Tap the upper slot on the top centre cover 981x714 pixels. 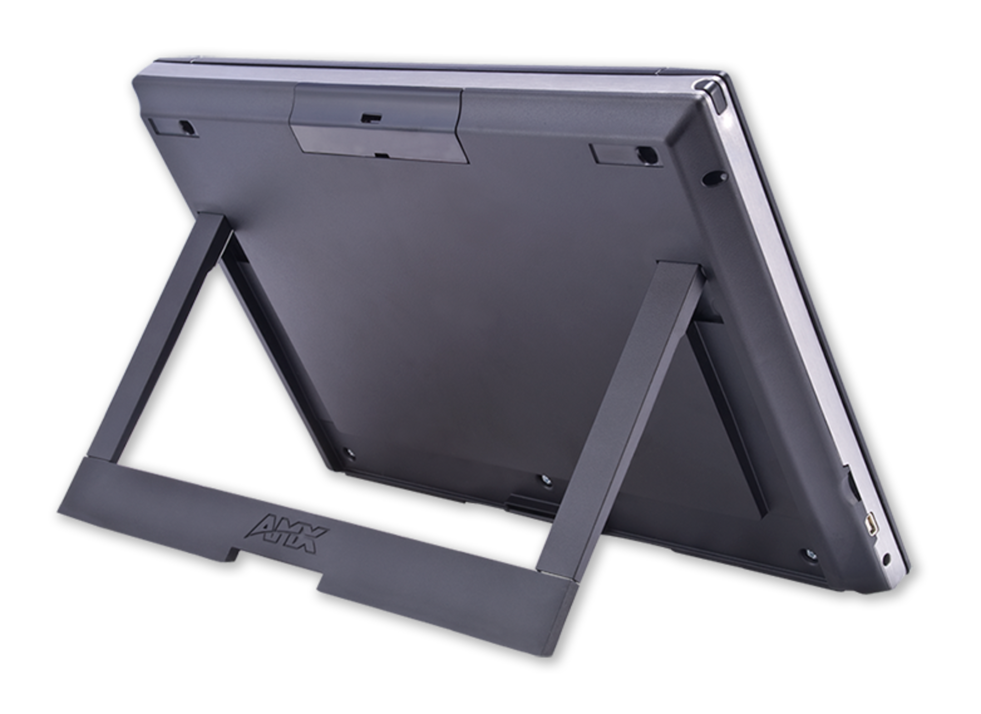point(371,117)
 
